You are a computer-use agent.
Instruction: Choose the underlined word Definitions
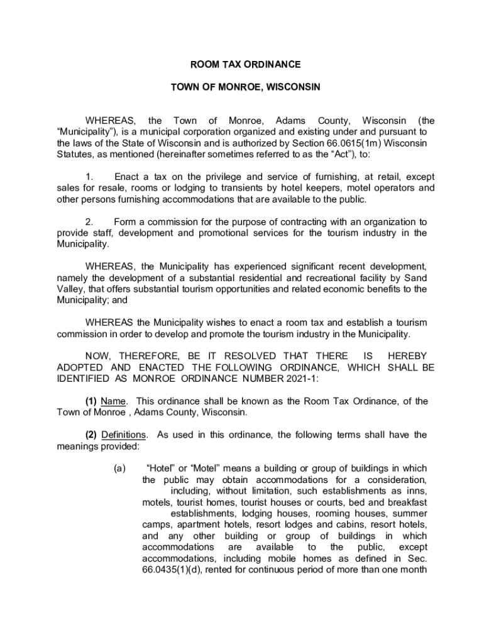pos(124,435)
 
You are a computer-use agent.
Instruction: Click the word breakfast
pos(403,502)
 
